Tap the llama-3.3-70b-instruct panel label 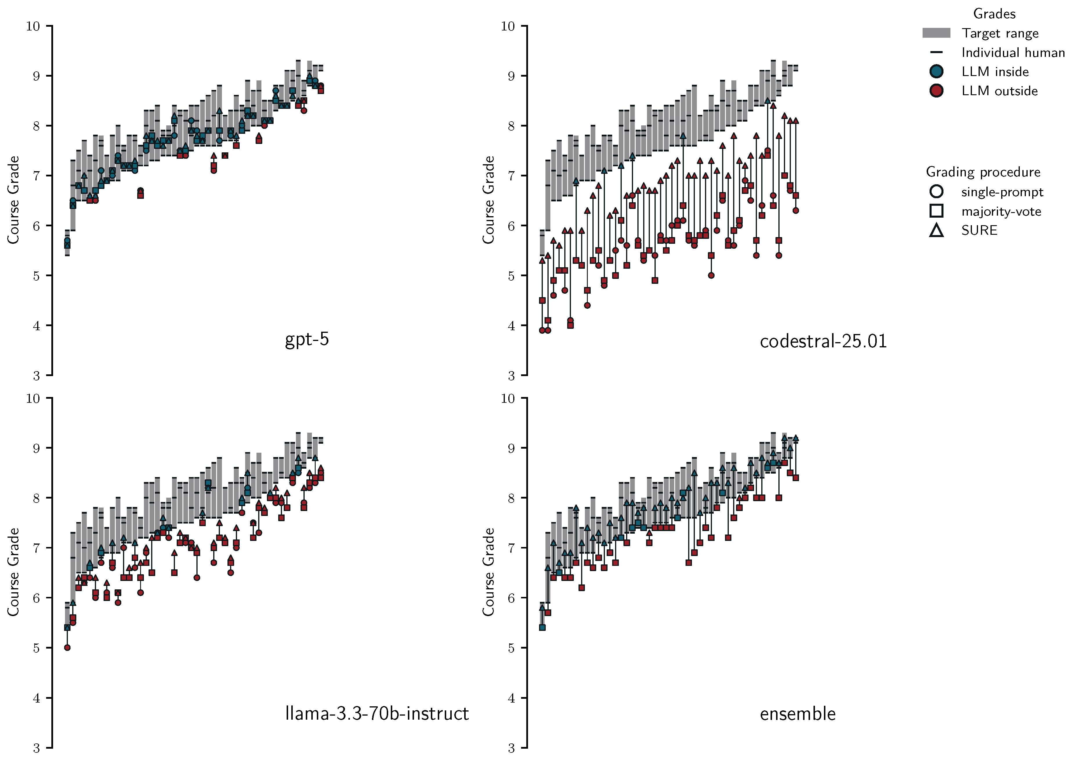tap(377, 713)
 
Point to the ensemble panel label tap(797, 714)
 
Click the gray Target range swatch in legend tap(936, 33)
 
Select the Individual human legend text tap(1013, 53)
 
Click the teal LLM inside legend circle tap(936, 72)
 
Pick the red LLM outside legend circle tap(936, 91)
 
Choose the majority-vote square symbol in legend tap(936, 211)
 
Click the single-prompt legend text tap(1002, 192)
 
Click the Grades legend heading tap(994, 14)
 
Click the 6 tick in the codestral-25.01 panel tap(511, 225)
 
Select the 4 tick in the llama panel tap(37, 698)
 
